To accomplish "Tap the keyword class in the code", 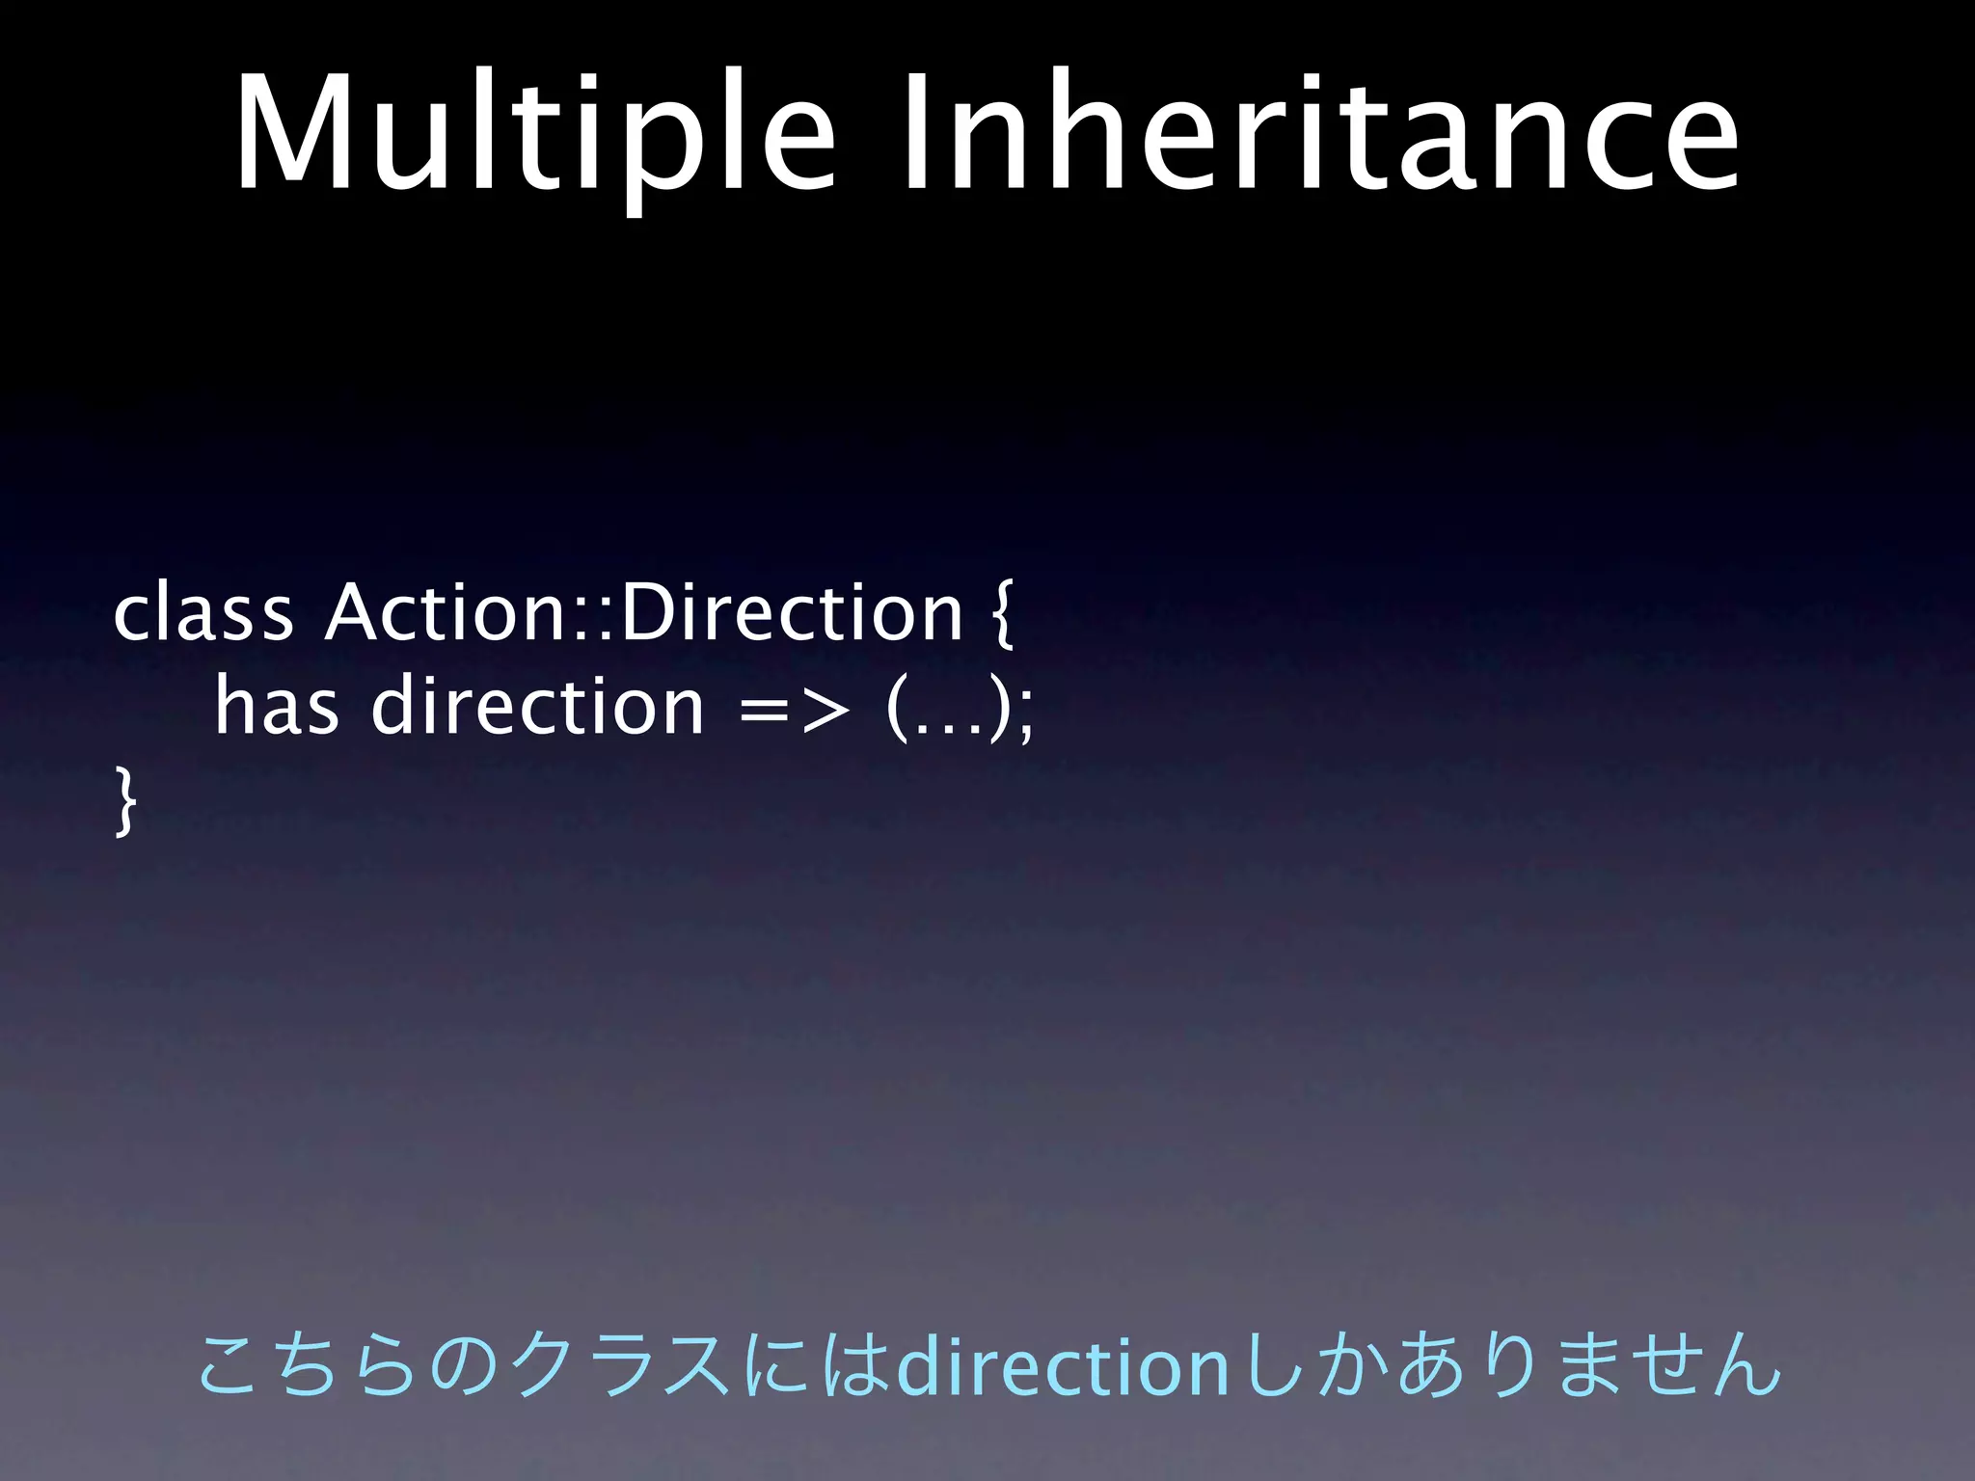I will [203, 613].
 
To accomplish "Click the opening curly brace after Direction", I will [1000, 617].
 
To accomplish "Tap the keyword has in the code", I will [277, 706].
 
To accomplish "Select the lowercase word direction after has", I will [538, 706].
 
